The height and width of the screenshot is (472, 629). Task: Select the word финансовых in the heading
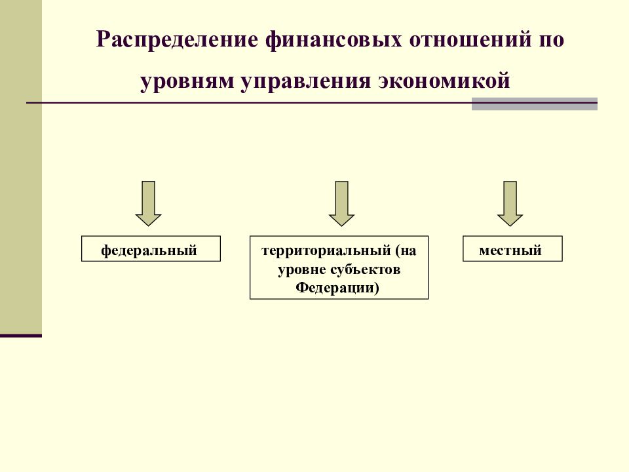pos(334,39)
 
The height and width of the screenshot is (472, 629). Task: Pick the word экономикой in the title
pos(444,80)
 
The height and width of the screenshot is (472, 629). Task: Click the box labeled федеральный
pos(151,249)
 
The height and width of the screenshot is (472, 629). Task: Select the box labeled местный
pos(512,249)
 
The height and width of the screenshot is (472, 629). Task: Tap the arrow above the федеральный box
pos(149,203)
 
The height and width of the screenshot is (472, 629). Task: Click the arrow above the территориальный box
pos(341,203)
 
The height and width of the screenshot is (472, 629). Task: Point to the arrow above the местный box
pos(510,203)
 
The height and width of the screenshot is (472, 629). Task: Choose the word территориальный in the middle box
pos(326,250)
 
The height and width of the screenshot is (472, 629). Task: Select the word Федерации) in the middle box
pos(337,287)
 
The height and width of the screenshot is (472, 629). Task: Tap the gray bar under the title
pos(535,104)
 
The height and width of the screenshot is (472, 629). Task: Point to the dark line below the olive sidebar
pos(21,336)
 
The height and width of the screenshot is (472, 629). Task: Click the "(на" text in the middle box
pos(406,250)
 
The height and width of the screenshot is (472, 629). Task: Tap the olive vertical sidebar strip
pos(21,167)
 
